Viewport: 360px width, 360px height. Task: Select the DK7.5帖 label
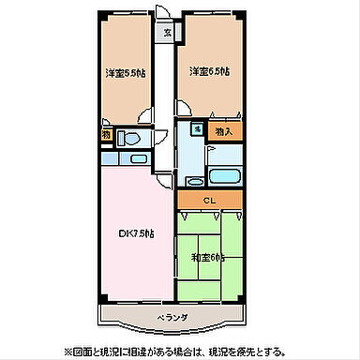click(135, 232)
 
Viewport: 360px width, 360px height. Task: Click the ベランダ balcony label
click(172, 318)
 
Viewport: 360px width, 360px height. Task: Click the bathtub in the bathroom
click(223, 175)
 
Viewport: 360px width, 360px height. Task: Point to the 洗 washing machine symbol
click(199, 129)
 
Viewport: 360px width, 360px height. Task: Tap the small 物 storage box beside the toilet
click(107, 136)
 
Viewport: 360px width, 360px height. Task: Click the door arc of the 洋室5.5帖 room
click(145, 117)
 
